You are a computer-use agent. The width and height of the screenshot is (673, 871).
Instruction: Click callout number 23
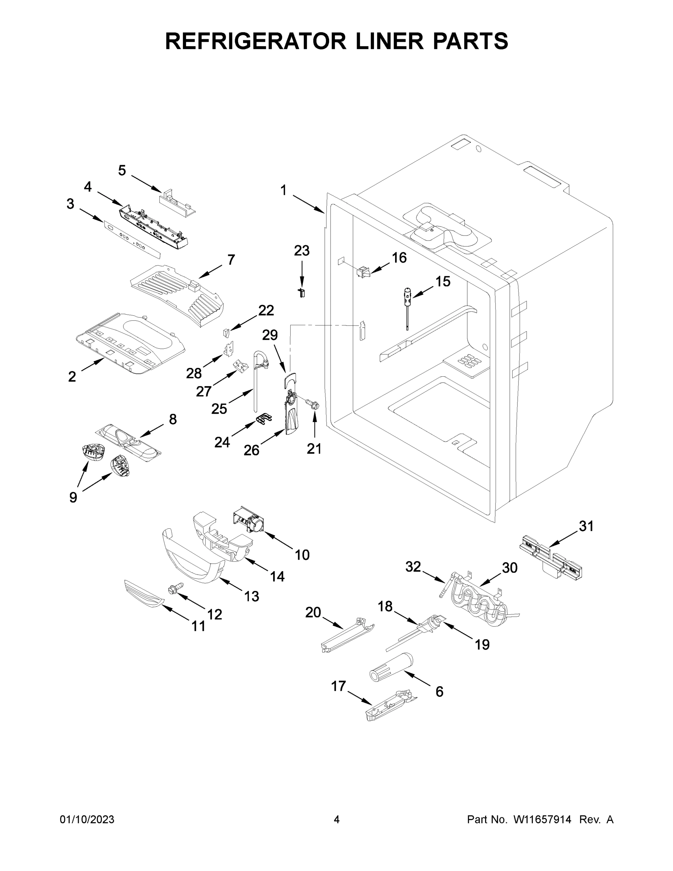pyautogui.click(x=301, y=251)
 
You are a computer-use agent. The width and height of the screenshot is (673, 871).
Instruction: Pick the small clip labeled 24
pyautogui.click(x=263, y=419)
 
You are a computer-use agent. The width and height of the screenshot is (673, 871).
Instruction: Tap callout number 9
pyautogui.click(x=73, y=497)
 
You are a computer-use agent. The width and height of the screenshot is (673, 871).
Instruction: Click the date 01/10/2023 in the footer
pyautogui.click(x=87, y=820)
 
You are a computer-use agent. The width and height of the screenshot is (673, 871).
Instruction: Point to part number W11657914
pyautogui.click(x=542, y=820)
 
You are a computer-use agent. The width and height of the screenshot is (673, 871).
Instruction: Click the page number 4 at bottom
pyautogui.click(x=337, y=820)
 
